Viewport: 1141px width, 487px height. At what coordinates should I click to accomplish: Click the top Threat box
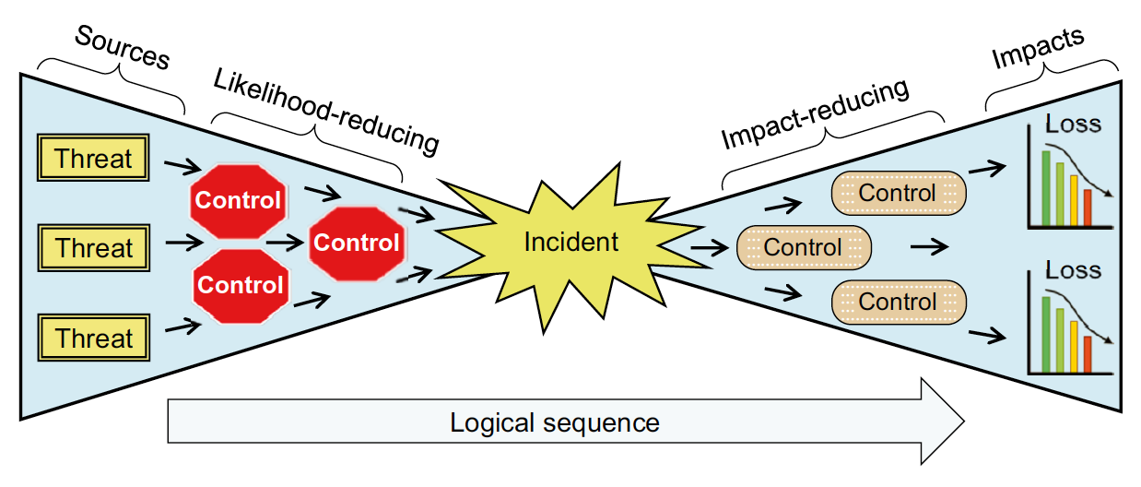(93, 158)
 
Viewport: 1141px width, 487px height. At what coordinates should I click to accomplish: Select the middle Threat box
(94, 248)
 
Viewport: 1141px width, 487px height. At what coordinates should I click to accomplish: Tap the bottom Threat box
(94, 338)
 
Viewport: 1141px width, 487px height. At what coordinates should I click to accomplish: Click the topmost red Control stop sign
(238, 201)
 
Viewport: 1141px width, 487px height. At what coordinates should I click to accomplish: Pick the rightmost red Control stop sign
(357, 243)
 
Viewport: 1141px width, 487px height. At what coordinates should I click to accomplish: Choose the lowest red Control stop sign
(241, 286)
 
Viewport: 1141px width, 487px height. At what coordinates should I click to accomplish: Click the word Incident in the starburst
(571, 242)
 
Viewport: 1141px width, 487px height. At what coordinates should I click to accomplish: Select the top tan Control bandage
(899, 193)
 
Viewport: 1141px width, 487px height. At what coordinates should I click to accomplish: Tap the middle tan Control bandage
(804, 247)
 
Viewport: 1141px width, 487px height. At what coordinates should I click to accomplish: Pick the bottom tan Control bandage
(899, 302)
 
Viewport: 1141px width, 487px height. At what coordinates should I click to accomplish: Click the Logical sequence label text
(555, 422)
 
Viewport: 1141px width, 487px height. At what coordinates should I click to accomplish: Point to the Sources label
(123, 47)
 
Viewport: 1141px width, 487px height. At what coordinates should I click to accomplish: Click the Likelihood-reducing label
(326, 111)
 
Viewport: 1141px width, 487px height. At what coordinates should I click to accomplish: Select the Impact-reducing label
(815, 113)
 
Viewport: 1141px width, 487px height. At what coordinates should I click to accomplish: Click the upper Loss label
(1073, 124)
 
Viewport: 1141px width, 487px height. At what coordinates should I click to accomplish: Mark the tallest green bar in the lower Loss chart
(1046, 334)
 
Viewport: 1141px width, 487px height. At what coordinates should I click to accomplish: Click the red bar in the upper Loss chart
(1088, 207)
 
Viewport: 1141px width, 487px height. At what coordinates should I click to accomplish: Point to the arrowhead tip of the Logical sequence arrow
(964, 422)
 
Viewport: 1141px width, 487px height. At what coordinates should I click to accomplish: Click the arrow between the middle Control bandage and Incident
(710, 248)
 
